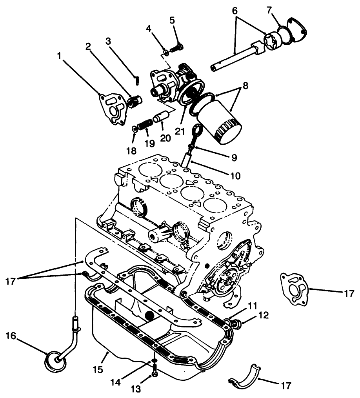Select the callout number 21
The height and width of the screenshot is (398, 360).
(179, 132)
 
